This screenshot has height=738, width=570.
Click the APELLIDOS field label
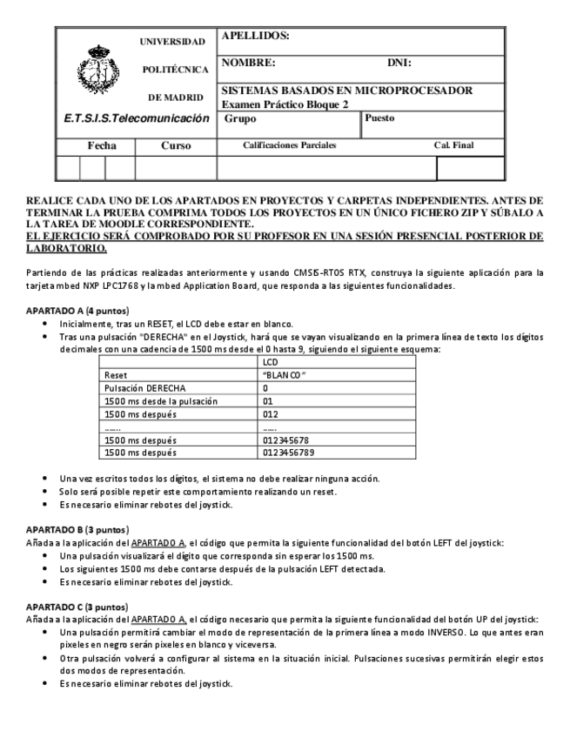[x=256, y=37]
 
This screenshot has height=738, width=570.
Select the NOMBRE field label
[x=249, y=63]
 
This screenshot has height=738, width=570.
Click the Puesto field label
[x=380, y=117]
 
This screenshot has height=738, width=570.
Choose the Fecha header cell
[x=96, y=145]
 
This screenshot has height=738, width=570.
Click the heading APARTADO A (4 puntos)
[x=78, y=311]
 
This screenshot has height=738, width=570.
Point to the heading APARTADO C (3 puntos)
[x=78, y=606]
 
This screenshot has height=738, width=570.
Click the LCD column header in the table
[x=269, y=360]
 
